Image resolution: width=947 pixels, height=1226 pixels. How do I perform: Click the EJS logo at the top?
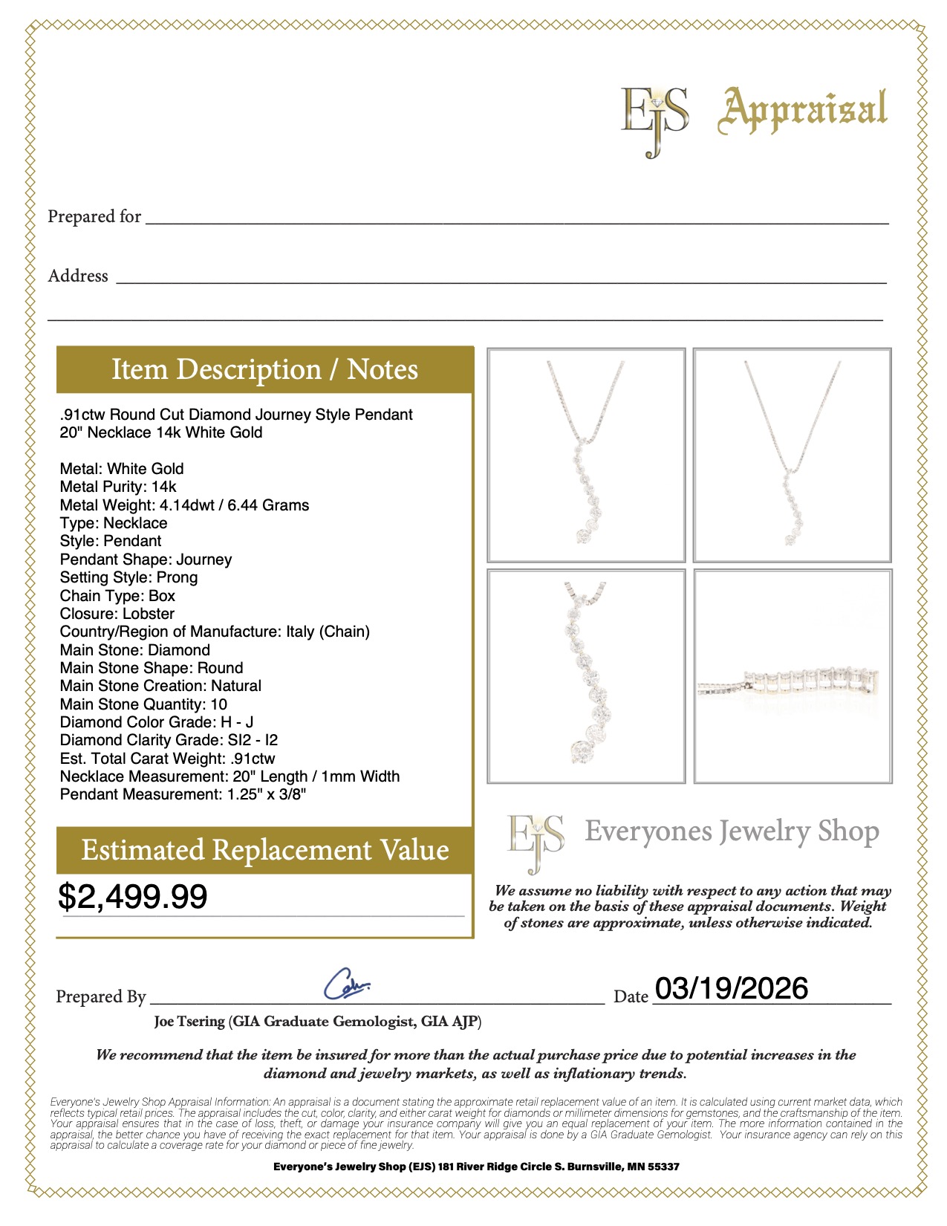(x=654, y=119)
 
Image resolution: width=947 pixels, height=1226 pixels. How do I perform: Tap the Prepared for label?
(x=94, y=216)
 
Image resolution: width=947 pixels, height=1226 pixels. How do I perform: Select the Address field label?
(x=78, y=276)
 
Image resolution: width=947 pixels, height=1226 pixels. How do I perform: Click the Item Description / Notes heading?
(x=264, y=369)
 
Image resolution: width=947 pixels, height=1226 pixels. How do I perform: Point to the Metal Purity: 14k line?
(x=118, y=487)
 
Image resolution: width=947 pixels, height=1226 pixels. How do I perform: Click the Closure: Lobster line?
(x=117, y=614)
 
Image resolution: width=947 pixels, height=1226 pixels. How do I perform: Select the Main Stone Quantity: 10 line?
(x=143, y=704)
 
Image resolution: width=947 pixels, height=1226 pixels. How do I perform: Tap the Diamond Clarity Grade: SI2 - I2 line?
(x=169, y=740)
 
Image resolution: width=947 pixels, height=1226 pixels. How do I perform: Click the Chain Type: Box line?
(x=117, y=596)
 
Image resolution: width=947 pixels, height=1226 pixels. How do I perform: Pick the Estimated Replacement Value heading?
(x=264, y=850)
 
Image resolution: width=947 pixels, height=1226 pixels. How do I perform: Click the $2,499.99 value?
(x=133, y=896)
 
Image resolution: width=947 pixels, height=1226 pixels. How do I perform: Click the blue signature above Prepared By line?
(x=346, y=984)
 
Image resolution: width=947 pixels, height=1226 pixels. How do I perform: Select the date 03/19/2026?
(x=732, y=988)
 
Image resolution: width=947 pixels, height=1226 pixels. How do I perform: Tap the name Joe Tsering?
(x=189, y=1022)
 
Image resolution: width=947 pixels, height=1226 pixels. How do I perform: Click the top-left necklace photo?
(x=586, y=455)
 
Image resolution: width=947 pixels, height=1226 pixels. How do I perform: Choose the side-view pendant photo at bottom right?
(x=793, y=676)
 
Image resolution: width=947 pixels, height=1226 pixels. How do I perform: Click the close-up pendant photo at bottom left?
(x=586, y=676)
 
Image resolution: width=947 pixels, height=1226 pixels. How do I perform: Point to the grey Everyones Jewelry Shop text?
(x=732, y=831)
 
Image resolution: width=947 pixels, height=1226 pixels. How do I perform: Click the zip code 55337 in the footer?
(x=664, y=1167)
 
